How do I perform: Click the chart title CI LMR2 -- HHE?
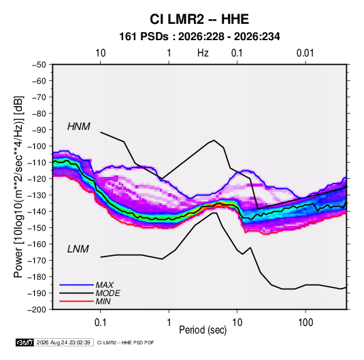[199, 19]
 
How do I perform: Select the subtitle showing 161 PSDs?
[199, 37]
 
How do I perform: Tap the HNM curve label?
[79, 127]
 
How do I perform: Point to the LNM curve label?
[78, 249]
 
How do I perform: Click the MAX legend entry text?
[105, 284]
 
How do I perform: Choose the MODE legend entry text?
[108, 293]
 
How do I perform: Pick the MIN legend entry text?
[103, 301]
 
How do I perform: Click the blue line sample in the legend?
[76, 284]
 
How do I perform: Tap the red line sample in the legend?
[76, 301]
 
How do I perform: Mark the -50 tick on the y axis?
[39, 65]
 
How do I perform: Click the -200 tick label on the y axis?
[37, 310]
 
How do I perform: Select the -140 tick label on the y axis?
[37, 212]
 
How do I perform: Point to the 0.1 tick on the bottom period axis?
[100, 323]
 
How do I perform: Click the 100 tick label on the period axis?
[305, 323]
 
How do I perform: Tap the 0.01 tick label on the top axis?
[305, 53]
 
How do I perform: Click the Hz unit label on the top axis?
[203, 53]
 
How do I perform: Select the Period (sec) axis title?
[203, 330]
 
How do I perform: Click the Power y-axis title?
[18, 186]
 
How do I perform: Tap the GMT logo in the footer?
[24, 342]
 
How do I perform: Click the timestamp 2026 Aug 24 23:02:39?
[63, 342]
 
